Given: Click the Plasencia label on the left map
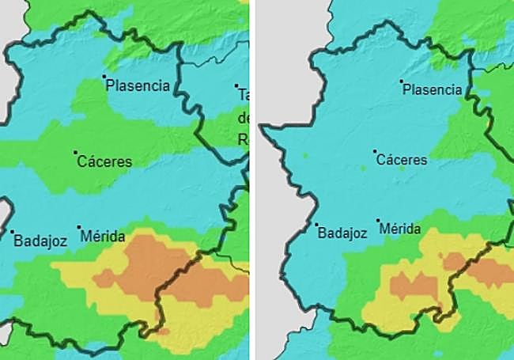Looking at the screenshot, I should [x=138, y=85].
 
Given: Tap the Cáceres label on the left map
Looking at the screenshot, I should [x=105, y=161].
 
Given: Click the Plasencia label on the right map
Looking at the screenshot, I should [x=432, y=89].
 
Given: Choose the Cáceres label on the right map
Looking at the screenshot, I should [x=402, y=160].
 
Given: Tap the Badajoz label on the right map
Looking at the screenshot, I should [x=342, y=233].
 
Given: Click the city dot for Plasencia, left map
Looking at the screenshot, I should [x=104, y=77].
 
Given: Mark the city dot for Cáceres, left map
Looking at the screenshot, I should [x=76, y=153].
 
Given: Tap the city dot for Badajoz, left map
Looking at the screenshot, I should [x=13, y=232].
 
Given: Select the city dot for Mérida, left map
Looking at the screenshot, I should [x=79, y=229].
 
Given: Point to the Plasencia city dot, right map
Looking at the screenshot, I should [x=402, y=81].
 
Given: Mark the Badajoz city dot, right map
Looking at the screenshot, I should [x=316, y=224].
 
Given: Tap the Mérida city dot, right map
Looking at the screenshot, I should [x=379, y=221].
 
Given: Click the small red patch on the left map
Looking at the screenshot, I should [x=162, y=331].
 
